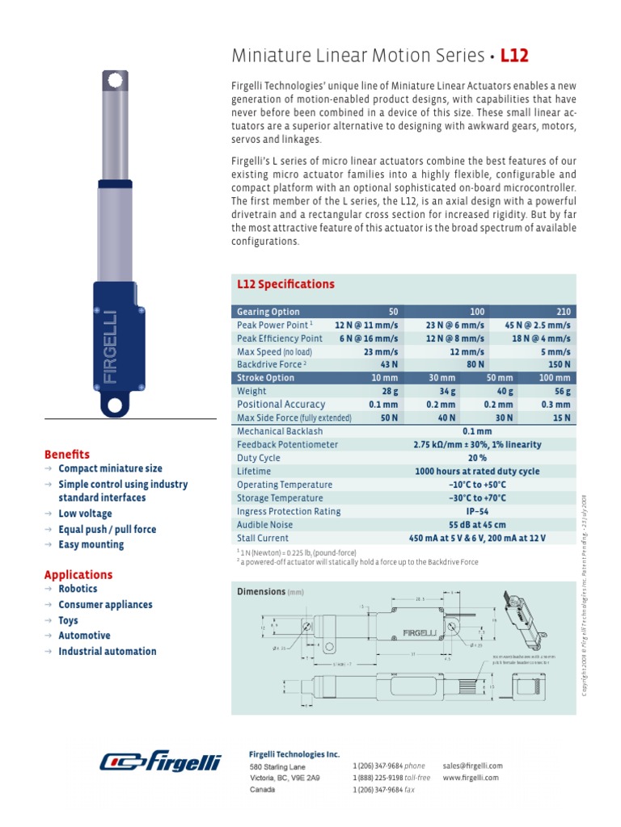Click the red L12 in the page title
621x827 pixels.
(515, 56)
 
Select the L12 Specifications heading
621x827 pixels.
(285, 284)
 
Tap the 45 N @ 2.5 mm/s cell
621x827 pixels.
(538, 325)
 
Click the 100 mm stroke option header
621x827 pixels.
(555, 378)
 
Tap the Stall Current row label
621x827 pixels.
(263, 538)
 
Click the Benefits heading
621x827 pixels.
(67, 454)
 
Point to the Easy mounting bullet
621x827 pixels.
(91, 544)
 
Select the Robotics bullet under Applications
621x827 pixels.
(78, 590)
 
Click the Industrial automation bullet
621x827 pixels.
(107, 651)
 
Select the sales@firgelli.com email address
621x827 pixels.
(473, 765)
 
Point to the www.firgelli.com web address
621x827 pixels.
(471, 778)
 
